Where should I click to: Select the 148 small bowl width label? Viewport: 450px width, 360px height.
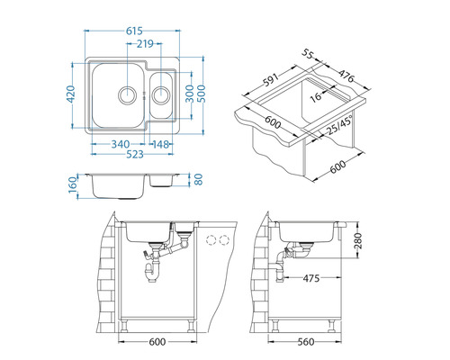click(163, 142)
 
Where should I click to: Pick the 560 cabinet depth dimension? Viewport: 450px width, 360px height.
click(307, 342)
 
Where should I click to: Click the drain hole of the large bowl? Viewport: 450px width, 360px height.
click(128, 94)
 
